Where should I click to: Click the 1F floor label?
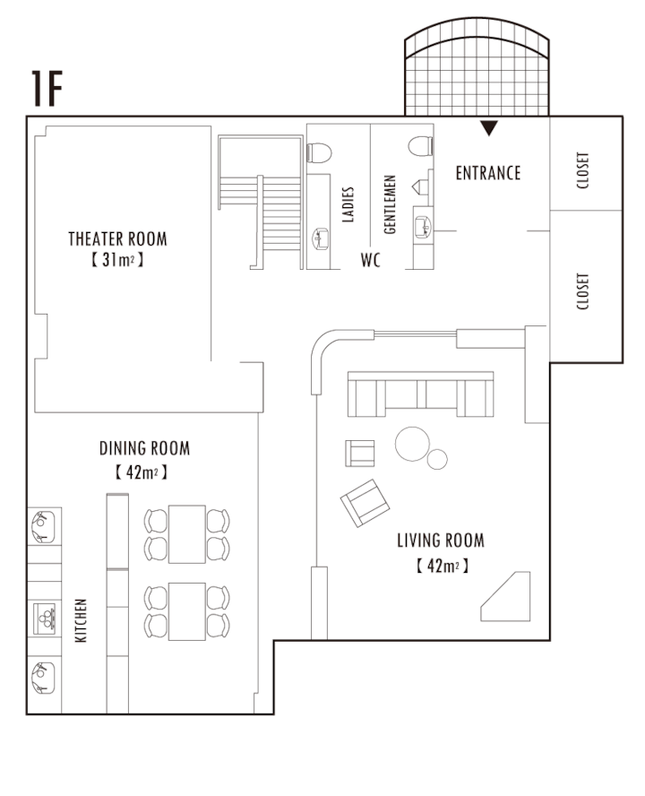pos(47,89)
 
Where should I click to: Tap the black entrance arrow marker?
pos(489,128)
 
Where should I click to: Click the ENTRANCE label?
pos(488,173)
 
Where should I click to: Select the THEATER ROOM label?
pos(117,238)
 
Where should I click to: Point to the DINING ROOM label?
pos(144,448)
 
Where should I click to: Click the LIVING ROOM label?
pos(441,541)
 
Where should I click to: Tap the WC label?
pos(371,260)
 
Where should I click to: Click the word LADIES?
pos(348,204)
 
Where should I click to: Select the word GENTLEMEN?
pos(389,204)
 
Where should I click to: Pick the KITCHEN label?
pos(81,620)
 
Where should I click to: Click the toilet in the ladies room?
pos(319,152)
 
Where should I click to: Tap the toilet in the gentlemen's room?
pos(421,146)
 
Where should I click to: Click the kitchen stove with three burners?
pos(44,619)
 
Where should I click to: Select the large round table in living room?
pos(413,444)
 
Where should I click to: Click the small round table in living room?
pos(437,460)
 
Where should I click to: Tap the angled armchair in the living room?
pos(365,503)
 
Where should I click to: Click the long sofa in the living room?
pos(421,394)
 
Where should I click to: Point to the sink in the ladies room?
pos(320,238)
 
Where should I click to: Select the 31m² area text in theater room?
pos(117,260)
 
